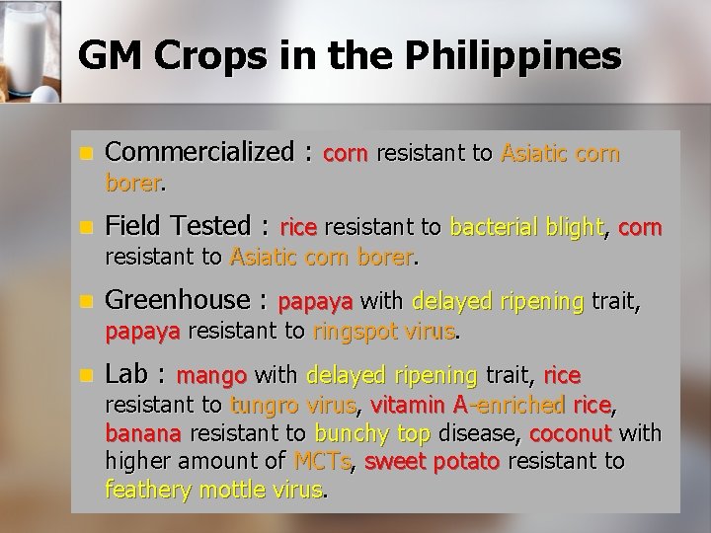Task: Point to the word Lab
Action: pos(126,374)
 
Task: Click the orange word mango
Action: pos(210,376)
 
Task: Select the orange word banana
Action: pos(142,433)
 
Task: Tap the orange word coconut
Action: pos(571,433)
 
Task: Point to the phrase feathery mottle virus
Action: pos(214,489)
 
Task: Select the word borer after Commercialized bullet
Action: pos(134,184)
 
